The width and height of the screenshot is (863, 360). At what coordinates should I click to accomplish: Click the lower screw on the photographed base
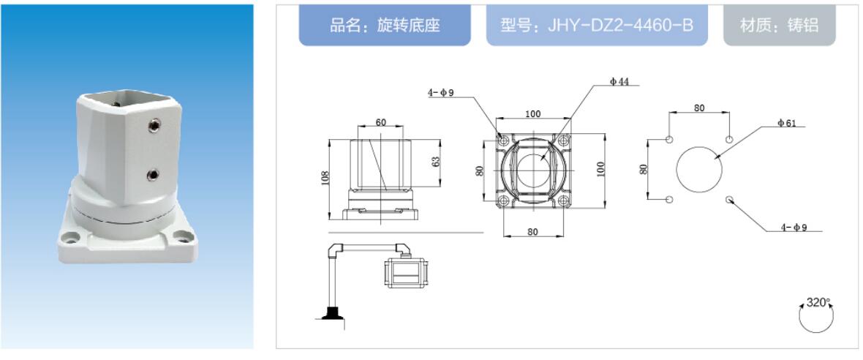(x=153, y=174)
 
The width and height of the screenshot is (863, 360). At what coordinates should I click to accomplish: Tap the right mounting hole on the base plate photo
(x=180, y=237)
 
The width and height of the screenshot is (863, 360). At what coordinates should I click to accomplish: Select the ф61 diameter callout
(x=787, y=123)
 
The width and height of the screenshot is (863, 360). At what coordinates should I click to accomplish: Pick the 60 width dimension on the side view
(x=381, y=123)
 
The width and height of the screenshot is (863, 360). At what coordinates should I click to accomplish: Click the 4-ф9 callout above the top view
(x=441, y=93)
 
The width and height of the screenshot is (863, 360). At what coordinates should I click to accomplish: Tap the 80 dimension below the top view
(x=532, y=231)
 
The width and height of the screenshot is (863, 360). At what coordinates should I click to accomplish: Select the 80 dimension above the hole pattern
(x=699, y=108)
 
